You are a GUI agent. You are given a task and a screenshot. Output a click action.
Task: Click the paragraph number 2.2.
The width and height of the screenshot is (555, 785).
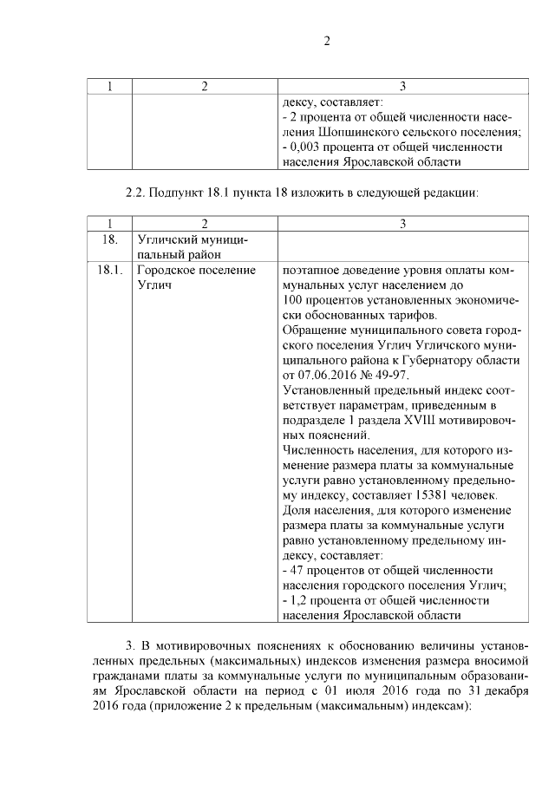coord(139,192)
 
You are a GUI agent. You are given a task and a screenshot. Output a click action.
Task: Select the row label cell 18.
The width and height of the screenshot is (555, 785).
coord(109,239)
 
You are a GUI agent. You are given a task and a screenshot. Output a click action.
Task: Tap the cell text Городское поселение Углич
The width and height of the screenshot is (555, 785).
coord(196,277)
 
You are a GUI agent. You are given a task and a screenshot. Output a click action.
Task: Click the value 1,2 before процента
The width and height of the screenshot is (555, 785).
coord(298,600)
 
